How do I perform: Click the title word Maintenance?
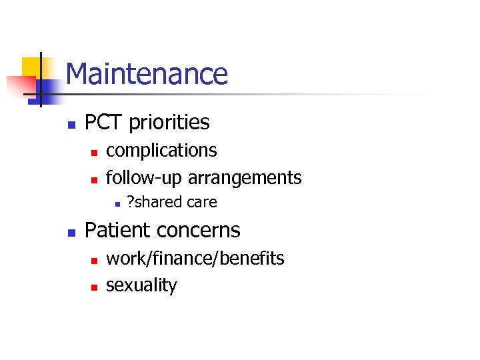click(147, 74)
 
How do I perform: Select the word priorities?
click(169, 123)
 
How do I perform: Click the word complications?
click(161, 151)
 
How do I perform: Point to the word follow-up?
click(144, 178)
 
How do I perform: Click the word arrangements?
click(245, 178)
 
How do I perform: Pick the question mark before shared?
click(130, 202)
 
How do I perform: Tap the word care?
click(201, 202)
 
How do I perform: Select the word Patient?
click(117, 230)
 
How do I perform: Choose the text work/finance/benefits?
click(195, 259)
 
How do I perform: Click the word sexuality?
click(141, 286)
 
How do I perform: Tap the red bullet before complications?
click(94, 153)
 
